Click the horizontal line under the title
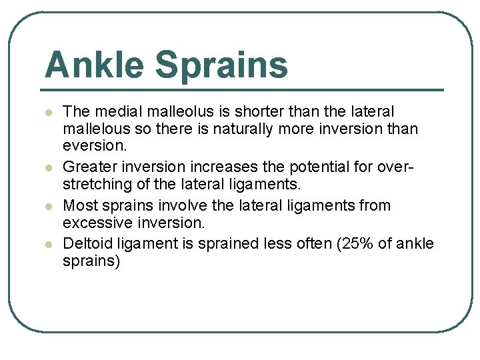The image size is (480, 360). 243,90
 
